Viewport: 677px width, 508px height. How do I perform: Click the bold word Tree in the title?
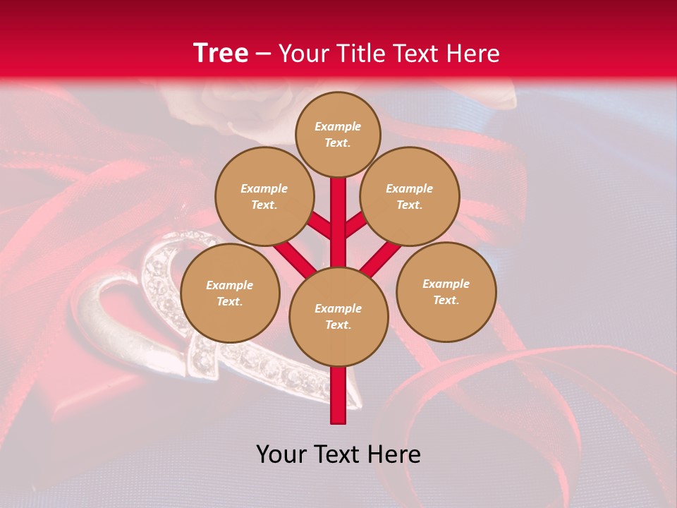(x=221, y=53)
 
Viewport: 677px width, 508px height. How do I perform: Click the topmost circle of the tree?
(x=338, y=134)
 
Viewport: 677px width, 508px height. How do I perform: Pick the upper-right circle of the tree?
(x=410, y=196)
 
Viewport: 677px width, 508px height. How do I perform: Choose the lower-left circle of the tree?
(x=230, y=293)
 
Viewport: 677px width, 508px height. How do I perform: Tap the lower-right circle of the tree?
(x=446, y=291)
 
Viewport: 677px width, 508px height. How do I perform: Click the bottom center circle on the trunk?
(x=338, y=316)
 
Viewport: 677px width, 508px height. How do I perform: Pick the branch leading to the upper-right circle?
(x=355, y=226)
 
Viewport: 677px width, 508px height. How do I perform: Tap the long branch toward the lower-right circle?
(x=382, y=258)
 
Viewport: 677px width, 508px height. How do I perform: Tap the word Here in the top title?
(x=473, y=54)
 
